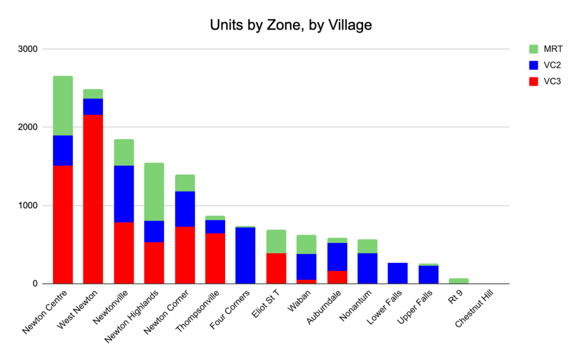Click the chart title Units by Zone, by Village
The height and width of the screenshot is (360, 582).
point(290,25)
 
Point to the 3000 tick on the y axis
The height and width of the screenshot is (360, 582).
point(27,49)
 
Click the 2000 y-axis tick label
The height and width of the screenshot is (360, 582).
point(27,127)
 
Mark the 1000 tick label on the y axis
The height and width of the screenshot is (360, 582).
point(27,206)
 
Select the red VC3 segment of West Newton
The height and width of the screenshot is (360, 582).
point(93,199)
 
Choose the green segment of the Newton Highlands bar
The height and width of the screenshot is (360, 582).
point(154,192)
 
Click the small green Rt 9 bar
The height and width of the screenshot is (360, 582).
point(459,281)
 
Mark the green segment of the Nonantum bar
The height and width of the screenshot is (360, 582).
point(367,246)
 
